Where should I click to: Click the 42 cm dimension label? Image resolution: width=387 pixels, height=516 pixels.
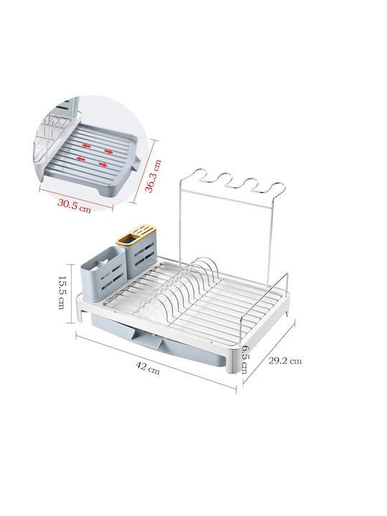click(148, 368)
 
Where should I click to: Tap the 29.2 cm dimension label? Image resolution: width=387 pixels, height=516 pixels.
click(285, 360)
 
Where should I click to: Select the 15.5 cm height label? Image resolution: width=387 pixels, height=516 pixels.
click(62, 292)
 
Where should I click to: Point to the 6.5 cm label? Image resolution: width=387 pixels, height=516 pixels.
click(244, 359)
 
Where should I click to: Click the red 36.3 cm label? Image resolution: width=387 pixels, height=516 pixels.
click(153, 176)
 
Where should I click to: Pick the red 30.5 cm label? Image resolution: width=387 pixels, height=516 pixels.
click(74, 206)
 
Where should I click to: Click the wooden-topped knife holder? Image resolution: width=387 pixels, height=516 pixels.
click(137, 251)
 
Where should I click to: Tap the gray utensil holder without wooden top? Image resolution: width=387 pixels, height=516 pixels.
click(103, 274)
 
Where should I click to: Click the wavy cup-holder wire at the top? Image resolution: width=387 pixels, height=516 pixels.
click(233, 181)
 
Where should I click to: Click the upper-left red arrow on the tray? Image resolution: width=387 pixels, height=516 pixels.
click(87, 145)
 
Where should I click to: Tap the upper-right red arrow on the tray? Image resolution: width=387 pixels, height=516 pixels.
click(109, 151)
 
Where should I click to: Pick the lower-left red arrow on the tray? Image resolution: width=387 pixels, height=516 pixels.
click(80, 158)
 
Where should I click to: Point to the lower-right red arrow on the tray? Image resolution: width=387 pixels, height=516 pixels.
click(103, 165)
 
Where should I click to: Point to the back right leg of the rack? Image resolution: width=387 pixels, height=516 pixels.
click(287, 309)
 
